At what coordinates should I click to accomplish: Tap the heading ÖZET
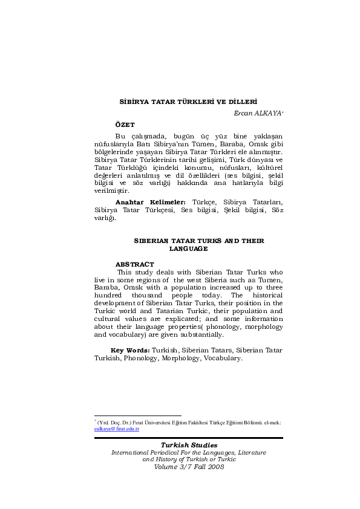[x=125, y=124]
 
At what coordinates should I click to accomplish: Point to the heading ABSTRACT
[x=134, y=264]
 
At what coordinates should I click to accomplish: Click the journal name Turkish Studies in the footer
[x=189, y=445]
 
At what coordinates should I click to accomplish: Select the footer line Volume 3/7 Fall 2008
[x=189, y=467]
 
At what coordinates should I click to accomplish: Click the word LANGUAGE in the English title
[x=188, y=248]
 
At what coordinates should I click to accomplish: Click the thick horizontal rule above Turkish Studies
[x=189, y=438]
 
